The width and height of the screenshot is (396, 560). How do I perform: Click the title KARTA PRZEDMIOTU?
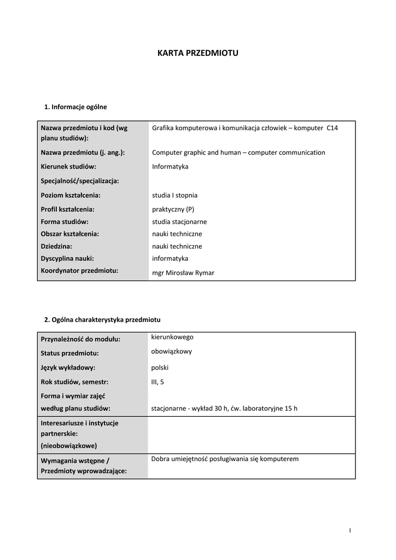point(198,53)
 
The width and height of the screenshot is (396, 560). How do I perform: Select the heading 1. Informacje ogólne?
point(75,107)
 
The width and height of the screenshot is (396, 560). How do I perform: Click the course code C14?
point(332,128)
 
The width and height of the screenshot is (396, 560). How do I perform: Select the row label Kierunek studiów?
point(68,166)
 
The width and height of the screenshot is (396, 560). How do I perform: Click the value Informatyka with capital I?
point(170,166)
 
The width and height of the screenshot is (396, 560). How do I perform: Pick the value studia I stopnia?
point(175,195)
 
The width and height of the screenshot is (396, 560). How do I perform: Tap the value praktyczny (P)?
point(173,209)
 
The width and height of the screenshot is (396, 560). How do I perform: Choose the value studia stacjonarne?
point(179,221)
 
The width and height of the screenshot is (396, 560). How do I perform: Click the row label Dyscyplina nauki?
point(67,258)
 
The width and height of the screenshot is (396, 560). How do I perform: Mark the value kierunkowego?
point(172,337)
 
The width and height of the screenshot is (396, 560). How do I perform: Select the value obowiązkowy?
point(171,352)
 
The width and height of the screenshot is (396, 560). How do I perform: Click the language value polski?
point(160,367)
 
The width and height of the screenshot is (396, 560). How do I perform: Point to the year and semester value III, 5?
point(157,382)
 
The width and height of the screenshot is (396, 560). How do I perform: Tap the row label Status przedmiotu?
point(69,353)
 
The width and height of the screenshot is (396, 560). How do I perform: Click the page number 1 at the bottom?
point(350,530)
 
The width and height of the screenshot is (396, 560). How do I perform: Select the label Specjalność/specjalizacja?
point(80,180)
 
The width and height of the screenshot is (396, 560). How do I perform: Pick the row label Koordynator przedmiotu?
point(79,270)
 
